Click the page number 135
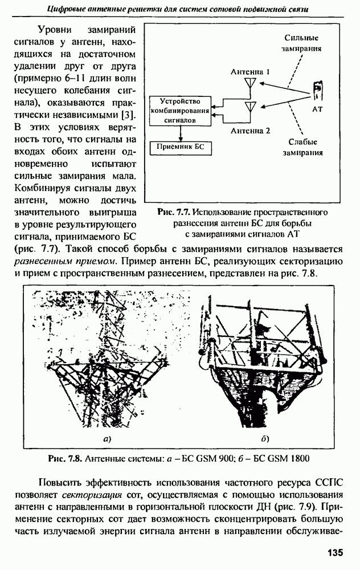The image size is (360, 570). tap(335, 552)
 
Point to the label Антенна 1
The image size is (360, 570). tap(251, 72)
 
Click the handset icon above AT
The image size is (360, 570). tap(318, 91)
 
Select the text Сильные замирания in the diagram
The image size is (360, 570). tap(301, 43)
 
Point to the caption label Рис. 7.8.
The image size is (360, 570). tap(66, 458)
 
